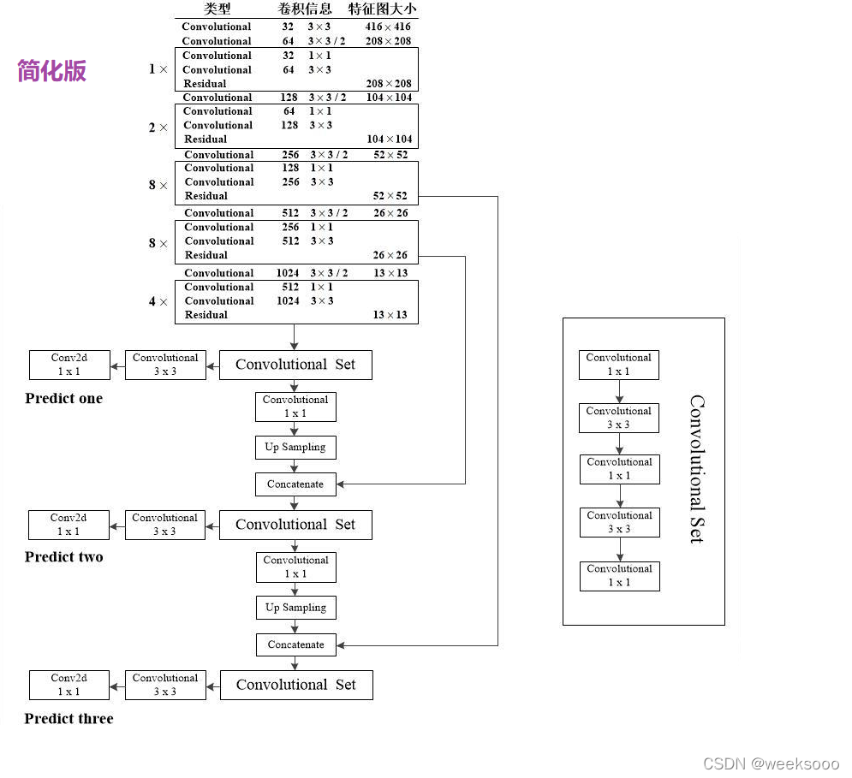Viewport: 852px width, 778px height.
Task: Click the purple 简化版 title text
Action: coord(52,70)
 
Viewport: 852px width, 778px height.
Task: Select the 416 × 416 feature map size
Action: coord(388,27)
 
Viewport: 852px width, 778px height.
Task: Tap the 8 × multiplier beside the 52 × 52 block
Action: coord(158,185)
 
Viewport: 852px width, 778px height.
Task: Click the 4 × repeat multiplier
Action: coord(158,301)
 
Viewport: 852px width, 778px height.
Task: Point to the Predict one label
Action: coord(63,398)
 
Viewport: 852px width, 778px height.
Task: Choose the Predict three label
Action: coord(69,718)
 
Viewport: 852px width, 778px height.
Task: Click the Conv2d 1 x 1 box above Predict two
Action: coord(69,525)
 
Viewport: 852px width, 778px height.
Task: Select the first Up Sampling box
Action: coord(295,447)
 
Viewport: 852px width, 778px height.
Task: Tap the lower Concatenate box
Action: coord(295,644)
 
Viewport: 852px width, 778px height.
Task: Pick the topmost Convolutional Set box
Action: coord(295,365)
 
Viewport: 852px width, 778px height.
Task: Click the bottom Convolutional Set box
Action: coord(296,685)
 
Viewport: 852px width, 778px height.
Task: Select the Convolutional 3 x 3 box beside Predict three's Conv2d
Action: coord(165,685)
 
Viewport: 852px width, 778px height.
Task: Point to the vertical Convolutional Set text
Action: coord(697,469)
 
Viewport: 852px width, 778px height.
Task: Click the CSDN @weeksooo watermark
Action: coord(771,763)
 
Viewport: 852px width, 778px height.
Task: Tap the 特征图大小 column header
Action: coord(383,9)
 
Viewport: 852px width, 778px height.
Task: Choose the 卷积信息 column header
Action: coord(305,9)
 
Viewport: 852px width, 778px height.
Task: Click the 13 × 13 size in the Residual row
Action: coord(390,315)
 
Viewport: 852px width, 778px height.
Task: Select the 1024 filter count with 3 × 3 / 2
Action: coord(288,273)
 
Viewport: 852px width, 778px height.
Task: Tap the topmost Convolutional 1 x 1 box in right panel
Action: coord(619,365)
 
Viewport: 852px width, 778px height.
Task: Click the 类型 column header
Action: coord(217,9)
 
